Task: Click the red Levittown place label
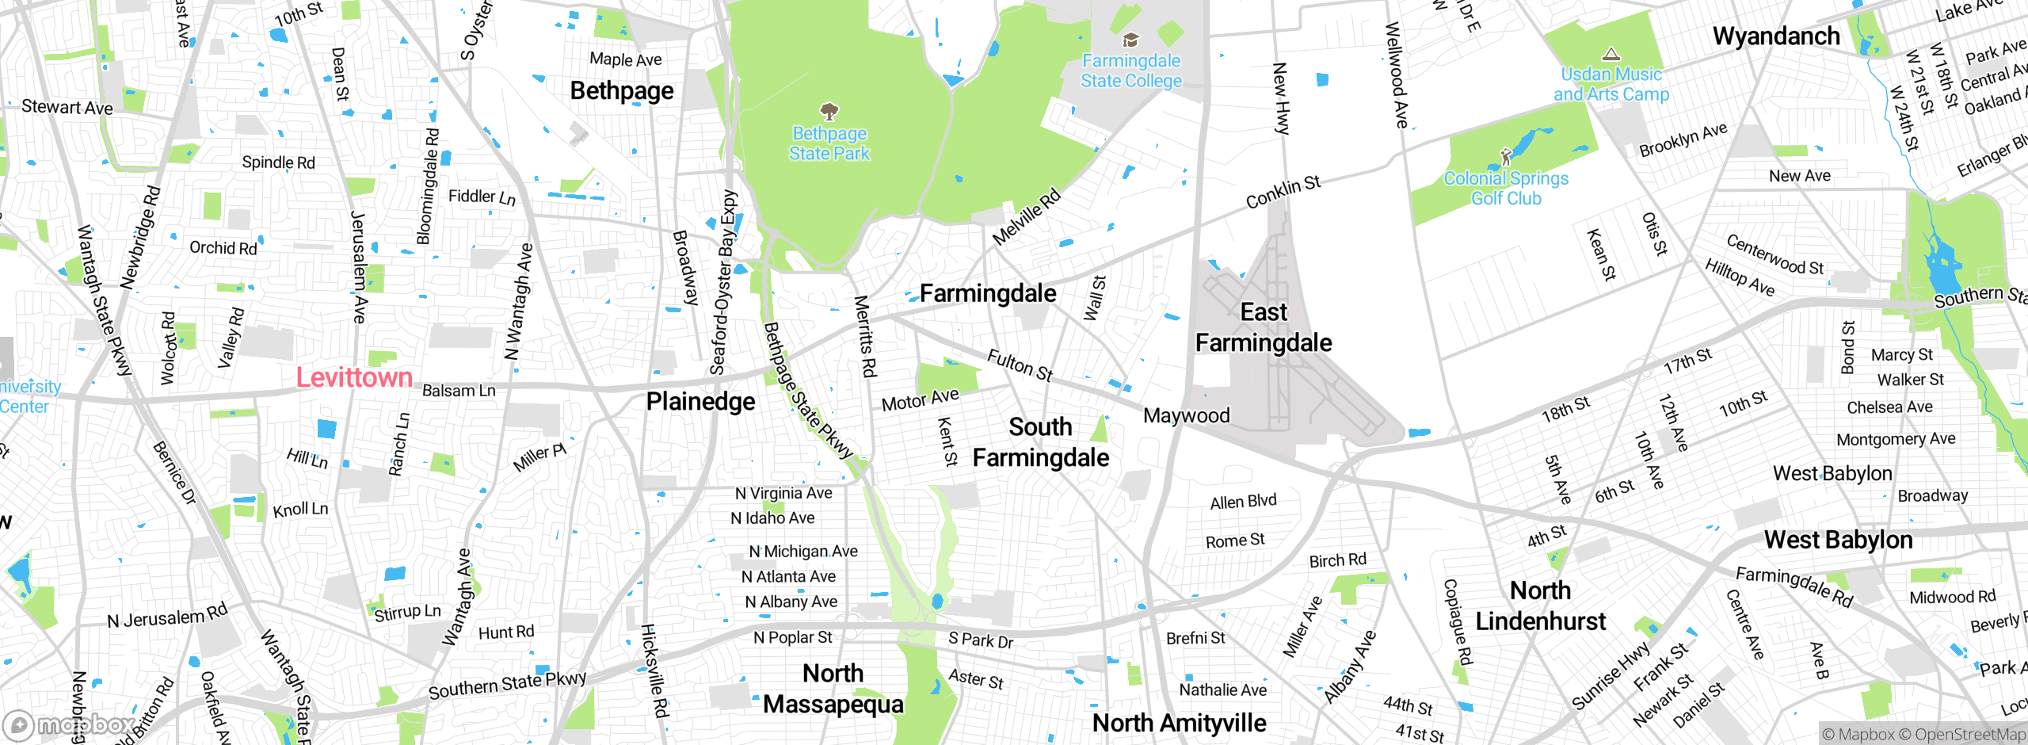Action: (354, 377)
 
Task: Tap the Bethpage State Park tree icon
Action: (829, 111)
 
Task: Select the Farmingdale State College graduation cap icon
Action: (1131, 40)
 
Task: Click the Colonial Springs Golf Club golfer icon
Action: (1506, 156)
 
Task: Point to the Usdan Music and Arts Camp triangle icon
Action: (1611, 54)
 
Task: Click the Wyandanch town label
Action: (1776, 36)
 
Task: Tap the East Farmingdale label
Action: (1264, 327)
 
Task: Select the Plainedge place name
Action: (700, 402)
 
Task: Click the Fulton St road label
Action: (1020, 365)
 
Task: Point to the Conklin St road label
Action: (1283, 193)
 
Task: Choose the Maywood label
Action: (1186, 415)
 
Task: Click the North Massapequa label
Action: (833, 689)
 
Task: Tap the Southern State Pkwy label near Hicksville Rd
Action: (507, 686)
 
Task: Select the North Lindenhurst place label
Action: (1540, 606)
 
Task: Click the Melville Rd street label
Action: (1026, 216)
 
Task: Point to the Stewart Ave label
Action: (67, 107)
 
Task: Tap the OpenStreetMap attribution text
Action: (1969, 735)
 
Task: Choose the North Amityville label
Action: (1179, 723)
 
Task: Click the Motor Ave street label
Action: (920, 399)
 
